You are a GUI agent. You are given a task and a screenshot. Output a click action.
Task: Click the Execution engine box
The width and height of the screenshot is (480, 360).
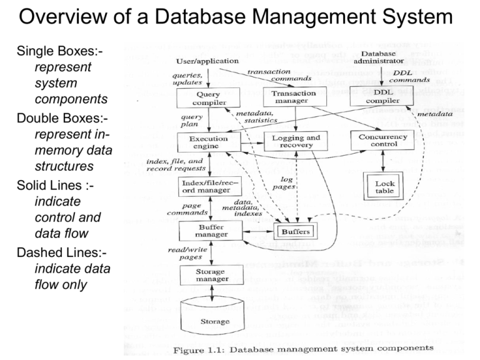[206, 142]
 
